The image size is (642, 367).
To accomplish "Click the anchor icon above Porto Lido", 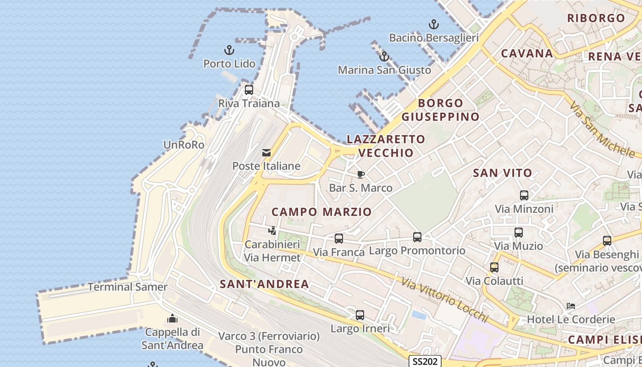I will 229,50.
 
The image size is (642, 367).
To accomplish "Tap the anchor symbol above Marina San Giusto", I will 384,56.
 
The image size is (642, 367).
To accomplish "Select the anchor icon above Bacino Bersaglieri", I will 433,24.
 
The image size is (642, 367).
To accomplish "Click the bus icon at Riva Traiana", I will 249,89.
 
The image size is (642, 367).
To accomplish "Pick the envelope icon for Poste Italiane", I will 266,153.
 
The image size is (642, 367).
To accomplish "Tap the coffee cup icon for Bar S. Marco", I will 361,174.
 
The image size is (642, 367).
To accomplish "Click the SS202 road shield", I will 425,361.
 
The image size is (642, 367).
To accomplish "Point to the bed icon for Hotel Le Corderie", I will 571,306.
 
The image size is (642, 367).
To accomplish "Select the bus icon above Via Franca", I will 339,239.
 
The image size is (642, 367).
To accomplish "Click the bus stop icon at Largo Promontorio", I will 417,237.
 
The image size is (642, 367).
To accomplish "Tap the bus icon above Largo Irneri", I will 360,315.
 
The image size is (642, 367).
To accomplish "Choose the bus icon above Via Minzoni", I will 524,195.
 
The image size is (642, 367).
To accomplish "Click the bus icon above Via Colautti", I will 494,267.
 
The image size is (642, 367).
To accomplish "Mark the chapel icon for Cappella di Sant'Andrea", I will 172,318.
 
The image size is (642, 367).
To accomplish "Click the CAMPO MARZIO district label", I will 321,212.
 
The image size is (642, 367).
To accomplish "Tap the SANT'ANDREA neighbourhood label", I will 264,284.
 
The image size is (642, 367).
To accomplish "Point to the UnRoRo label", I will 183,145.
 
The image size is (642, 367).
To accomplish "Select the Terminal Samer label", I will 127,287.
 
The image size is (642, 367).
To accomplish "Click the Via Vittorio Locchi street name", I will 444,300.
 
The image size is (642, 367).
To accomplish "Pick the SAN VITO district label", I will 502,173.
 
